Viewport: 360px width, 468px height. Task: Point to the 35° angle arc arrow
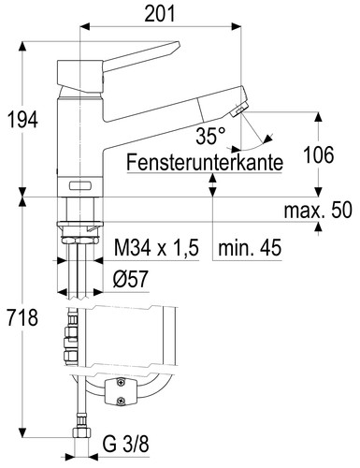click(x=256, y=137)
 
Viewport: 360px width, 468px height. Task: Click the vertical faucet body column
click(x=79, y=140)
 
